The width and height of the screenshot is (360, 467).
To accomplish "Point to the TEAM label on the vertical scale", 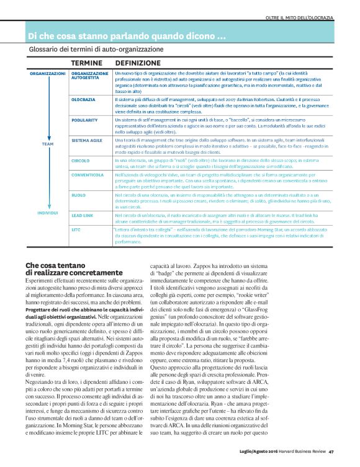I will click(x=48, y=144).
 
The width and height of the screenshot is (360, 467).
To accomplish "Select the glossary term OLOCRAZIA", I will click(x=83, y=99).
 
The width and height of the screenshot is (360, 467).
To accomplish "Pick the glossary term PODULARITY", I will click(x=84, y=119).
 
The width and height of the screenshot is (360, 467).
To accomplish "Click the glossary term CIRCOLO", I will click(x=81, y=160).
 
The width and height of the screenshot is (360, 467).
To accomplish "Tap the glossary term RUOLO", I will click(x=79, y=195).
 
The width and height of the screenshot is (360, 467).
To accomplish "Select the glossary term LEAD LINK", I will click(x=83, y=215).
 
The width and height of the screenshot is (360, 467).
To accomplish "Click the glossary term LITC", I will click(x=77, y=229).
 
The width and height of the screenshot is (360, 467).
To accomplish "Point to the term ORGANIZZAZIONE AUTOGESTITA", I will click(x=90, y=76).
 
